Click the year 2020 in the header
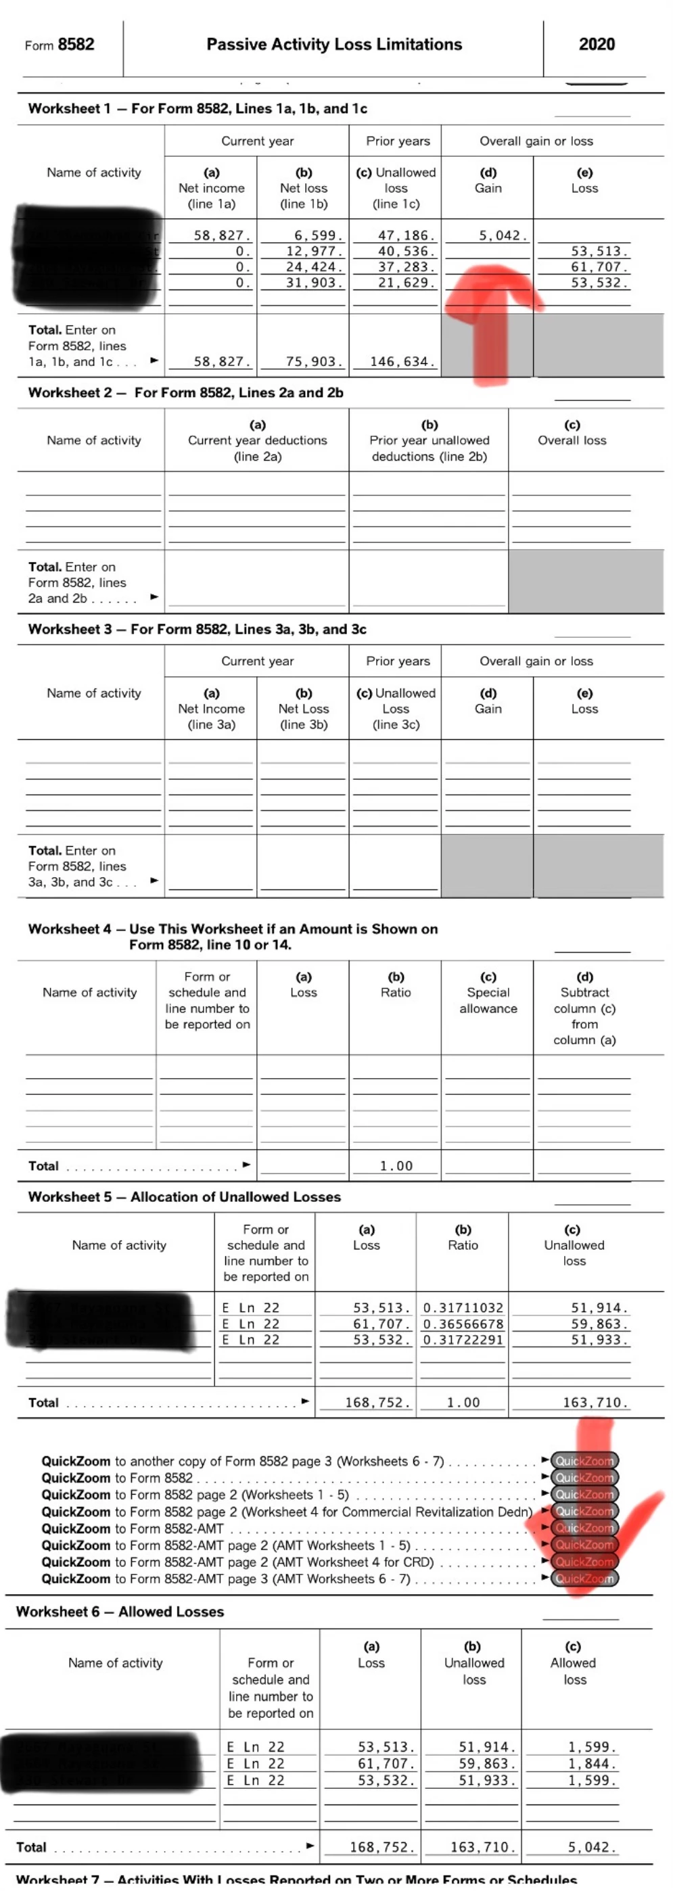(596, 45)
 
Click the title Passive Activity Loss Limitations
(334, 45)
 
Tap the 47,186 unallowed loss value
(406, 235)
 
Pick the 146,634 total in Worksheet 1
(402, 362)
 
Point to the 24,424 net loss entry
(314, 267)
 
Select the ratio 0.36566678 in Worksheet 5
(463, 1324)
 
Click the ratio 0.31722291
(463, 1340)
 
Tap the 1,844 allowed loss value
(593, 1763)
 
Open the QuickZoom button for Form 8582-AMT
(584, 1528)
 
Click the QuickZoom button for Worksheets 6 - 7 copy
(584, 1461)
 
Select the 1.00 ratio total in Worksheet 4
(396, 1166)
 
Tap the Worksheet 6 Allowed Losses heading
(120, 1611)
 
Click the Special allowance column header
(488, 1000)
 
